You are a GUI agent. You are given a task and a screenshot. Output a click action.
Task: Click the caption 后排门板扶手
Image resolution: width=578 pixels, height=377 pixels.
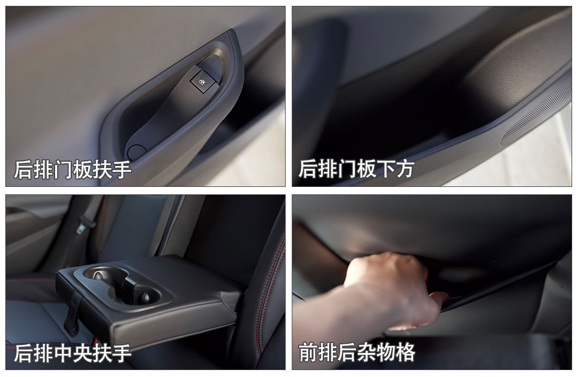click(73, 170)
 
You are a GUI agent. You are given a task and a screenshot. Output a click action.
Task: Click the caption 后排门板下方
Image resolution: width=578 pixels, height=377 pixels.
click(356, 169)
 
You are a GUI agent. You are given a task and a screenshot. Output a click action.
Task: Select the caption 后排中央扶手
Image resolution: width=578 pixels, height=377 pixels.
click(73, 353)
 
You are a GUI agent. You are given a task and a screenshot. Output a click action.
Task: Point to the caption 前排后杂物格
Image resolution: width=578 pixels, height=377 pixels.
click(357, 352)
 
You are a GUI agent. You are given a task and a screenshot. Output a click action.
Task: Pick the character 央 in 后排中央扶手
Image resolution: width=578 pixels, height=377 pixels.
click(82, 353)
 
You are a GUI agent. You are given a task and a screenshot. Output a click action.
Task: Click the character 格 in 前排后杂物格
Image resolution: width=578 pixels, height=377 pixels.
click(406, 352)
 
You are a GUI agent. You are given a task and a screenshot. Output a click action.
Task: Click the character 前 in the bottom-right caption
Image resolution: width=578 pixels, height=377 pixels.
click(308, 352)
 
